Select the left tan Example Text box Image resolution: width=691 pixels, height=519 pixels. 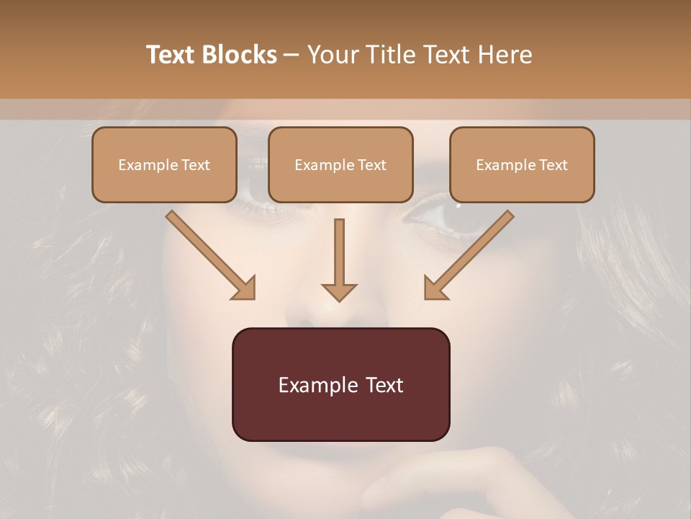pos(164,164)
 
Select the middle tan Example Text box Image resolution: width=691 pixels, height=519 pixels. pos(340,164)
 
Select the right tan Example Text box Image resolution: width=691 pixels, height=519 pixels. pos(522,164)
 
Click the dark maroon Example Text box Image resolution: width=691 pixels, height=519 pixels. pos(340,384)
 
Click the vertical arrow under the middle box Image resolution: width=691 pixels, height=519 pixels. pos(339,259)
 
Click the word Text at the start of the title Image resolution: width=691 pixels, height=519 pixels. pos(171,55)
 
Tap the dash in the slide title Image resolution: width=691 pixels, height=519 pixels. pos(292,55)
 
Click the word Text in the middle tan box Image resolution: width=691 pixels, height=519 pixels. pos(371,165)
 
